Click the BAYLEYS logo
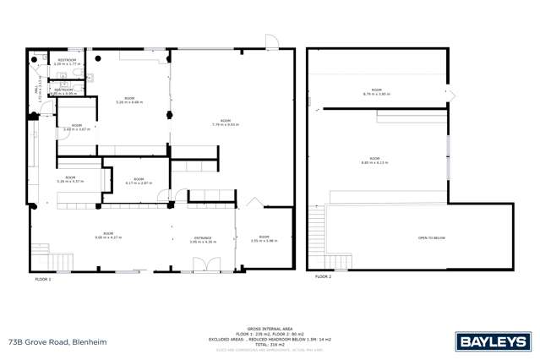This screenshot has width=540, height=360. coord(493,341)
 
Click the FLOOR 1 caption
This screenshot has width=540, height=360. coord(42,278)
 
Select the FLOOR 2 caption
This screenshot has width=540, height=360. coord(323,276)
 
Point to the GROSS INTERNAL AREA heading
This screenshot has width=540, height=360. coord(270,329)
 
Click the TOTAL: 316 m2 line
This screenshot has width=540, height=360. coord(270,344)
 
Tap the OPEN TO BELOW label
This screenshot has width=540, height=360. coord(431,238)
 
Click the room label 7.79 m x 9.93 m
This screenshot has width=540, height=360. coord(225,123)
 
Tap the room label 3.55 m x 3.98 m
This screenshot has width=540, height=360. coord(264,238)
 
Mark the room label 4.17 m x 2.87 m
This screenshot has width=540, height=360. coord(139,181)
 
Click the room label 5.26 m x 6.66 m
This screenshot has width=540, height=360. coord(129,101)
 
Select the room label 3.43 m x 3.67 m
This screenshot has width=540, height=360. coord(77,128)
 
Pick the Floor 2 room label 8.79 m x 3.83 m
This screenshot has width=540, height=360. coord(376,91)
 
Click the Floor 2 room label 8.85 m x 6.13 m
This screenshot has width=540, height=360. coord(374,160)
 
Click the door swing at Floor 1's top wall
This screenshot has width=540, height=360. coord(270,42)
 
